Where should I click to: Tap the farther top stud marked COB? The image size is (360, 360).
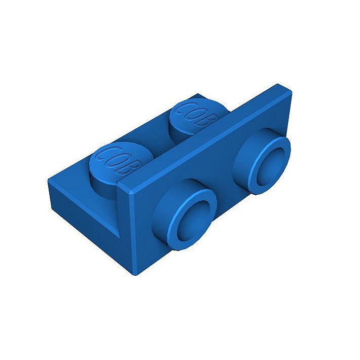pyautogui.click(x=197, y=117)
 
